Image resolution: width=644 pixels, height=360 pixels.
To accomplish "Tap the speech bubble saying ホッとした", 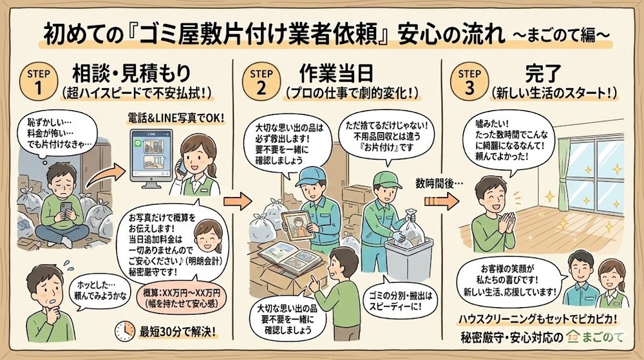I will pyautogui.click(x=91, y=295).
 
